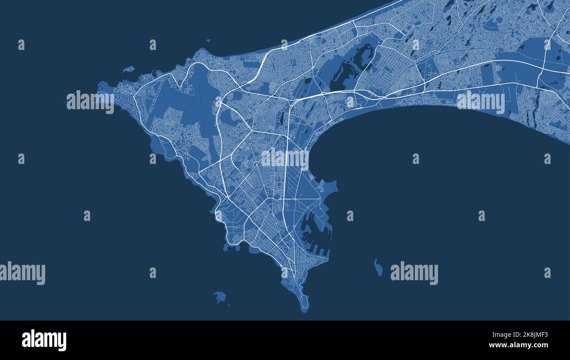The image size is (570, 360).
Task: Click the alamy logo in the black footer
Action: tap(44, 340)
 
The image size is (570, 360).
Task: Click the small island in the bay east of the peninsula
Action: tap(378, 267)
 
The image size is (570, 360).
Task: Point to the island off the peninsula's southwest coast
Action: tap(220, 297)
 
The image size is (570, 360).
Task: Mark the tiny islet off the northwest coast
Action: tap(128, 69)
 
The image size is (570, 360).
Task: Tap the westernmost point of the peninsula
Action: tap(100, 86)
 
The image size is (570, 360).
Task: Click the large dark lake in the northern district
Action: tap(351, 70)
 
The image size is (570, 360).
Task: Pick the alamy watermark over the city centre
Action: tap(285, 159)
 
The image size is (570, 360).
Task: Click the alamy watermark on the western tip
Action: tap(90, 102)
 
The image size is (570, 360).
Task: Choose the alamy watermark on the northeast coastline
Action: tap(481, 102)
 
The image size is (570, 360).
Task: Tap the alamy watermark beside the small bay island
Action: tap(414, 273)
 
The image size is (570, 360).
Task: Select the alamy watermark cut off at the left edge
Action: tap(22, 273)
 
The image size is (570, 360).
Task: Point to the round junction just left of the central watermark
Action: tap(256, 164)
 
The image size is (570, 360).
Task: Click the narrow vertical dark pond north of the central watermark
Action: tap(281, 118)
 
